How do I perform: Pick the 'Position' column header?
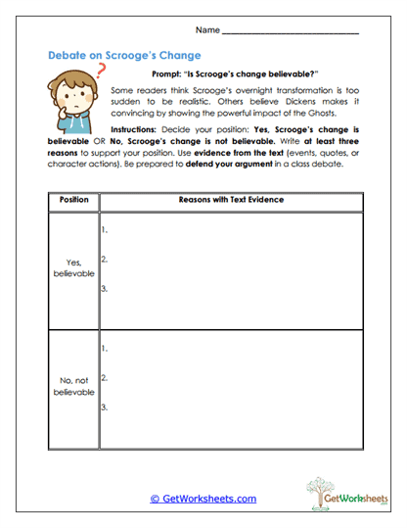pos(73,200)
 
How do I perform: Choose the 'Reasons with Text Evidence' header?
pos(231,200)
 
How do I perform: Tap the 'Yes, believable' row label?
pos(73,267)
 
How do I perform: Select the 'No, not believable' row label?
pos(73,385)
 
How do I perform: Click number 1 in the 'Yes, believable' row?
pos(105,231)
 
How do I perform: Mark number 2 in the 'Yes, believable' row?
pos(105,260)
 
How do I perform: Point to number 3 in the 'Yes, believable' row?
pos(105,289)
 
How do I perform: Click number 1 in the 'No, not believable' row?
pos(105,348)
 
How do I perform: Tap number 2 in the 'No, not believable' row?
pos(105,377)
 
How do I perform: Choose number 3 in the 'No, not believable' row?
pos(105,406)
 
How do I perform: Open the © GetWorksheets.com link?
pos(203,499)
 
